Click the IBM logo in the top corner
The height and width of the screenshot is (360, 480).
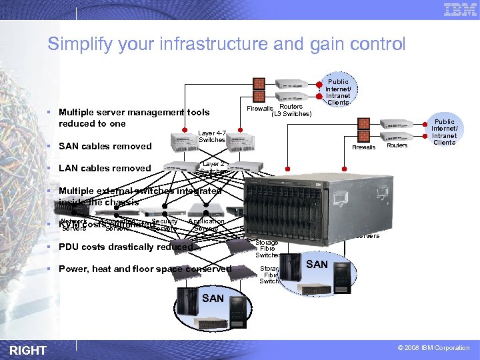coord(460,10)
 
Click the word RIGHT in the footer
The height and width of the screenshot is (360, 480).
coord(28,350)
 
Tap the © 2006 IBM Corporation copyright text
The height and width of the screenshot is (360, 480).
coord(433,348)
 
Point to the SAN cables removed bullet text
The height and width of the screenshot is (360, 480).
coord(105,146)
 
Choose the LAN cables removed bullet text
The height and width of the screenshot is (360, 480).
coord(105,168)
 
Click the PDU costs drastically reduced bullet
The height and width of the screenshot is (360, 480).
coord(125,247)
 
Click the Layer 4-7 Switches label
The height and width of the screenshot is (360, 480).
coord(212,137)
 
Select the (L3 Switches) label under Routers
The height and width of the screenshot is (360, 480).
coord(291,113)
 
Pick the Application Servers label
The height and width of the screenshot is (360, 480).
coord(206,225)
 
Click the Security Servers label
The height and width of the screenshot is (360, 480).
coord(164,225)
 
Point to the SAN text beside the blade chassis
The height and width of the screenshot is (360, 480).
coord(317,264)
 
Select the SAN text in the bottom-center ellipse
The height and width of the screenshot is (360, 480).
coord(213,298)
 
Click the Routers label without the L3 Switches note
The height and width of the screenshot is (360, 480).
coord(397,145)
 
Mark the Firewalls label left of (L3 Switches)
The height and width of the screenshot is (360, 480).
coord(259,108)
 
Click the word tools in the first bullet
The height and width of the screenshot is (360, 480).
coord(197,112)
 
